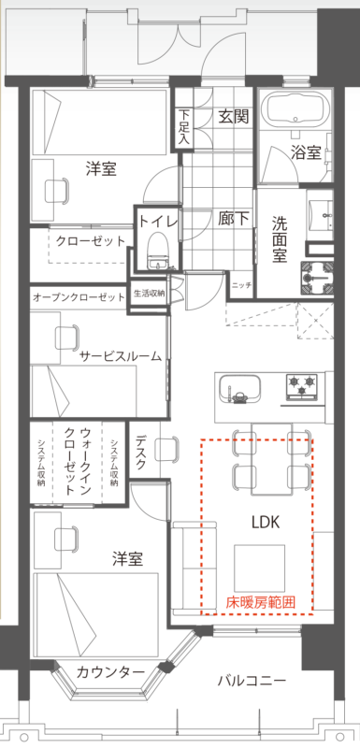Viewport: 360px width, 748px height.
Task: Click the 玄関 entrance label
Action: tap(234, 116)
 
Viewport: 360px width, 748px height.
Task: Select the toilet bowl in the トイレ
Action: tap(156, 249)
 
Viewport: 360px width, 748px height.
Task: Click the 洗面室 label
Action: tap(280, 238)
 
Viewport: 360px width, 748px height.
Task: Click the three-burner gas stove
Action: tap(302, 386)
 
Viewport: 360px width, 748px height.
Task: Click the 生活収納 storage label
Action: tap(149, 294)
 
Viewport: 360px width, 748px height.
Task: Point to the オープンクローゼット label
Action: tap(79, 298)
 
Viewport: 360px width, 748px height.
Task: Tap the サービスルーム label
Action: tap(121, 356)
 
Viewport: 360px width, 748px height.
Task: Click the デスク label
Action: tap(141, 452)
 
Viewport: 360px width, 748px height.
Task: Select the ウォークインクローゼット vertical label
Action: tap(78, 461)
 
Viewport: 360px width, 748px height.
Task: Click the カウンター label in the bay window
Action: tap(109, 672)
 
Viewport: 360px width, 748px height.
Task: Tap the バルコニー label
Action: tap(252, 680)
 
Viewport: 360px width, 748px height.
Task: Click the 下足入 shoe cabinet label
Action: tap(184, 127)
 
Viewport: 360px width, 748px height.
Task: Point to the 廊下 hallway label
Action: tap(234, 219)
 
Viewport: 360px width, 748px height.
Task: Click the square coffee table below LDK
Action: tap(259, 568)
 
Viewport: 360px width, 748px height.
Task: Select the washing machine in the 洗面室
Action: tap(317, 279)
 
